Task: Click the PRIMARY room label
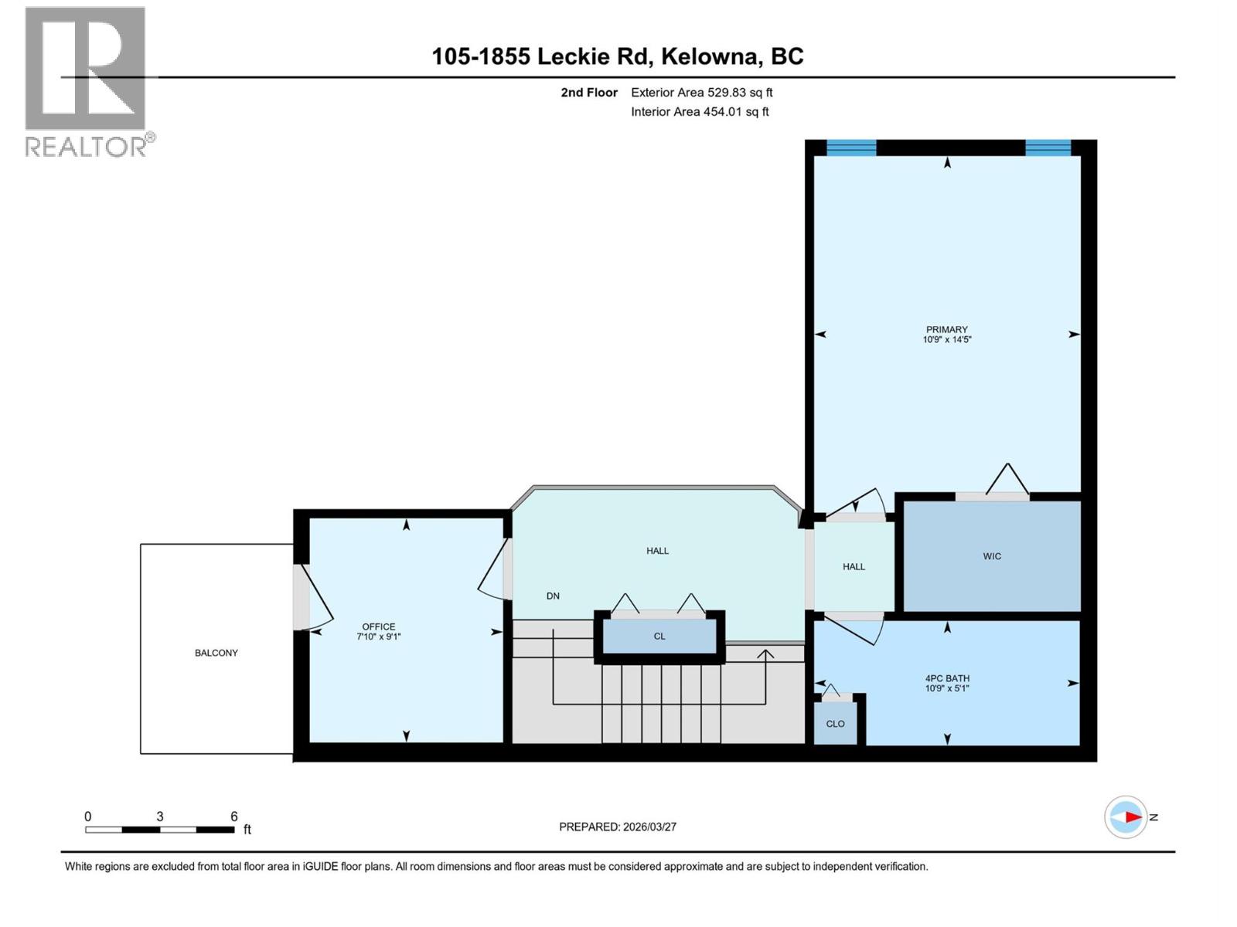point(946,329)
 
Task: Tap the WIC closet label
point(992,556)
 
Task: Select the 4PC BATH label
point(947,678)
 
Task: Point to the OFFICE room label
point(379,626)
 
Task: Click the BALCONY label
point(216,653)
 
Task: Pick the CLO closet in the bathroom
point(835,724)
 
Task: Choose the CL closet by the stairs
point(659,637)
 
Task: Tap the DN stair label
point(553,596)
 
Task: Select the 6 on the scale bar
point(233,817)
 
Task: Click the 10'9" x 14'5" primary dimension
point(946,339)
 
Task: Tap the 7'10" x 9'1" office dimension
point(379,637)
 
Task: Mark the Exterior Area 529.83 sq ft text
point(701,93)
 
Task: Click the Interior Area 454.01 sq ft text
point(700,112)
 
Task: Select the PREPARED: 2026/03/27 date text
point(618,827)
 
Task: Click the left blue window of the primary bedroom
point(851,148)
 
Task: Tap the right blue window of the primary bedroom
point(1048,148)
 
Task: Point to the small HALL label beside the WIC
point(854,566)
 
